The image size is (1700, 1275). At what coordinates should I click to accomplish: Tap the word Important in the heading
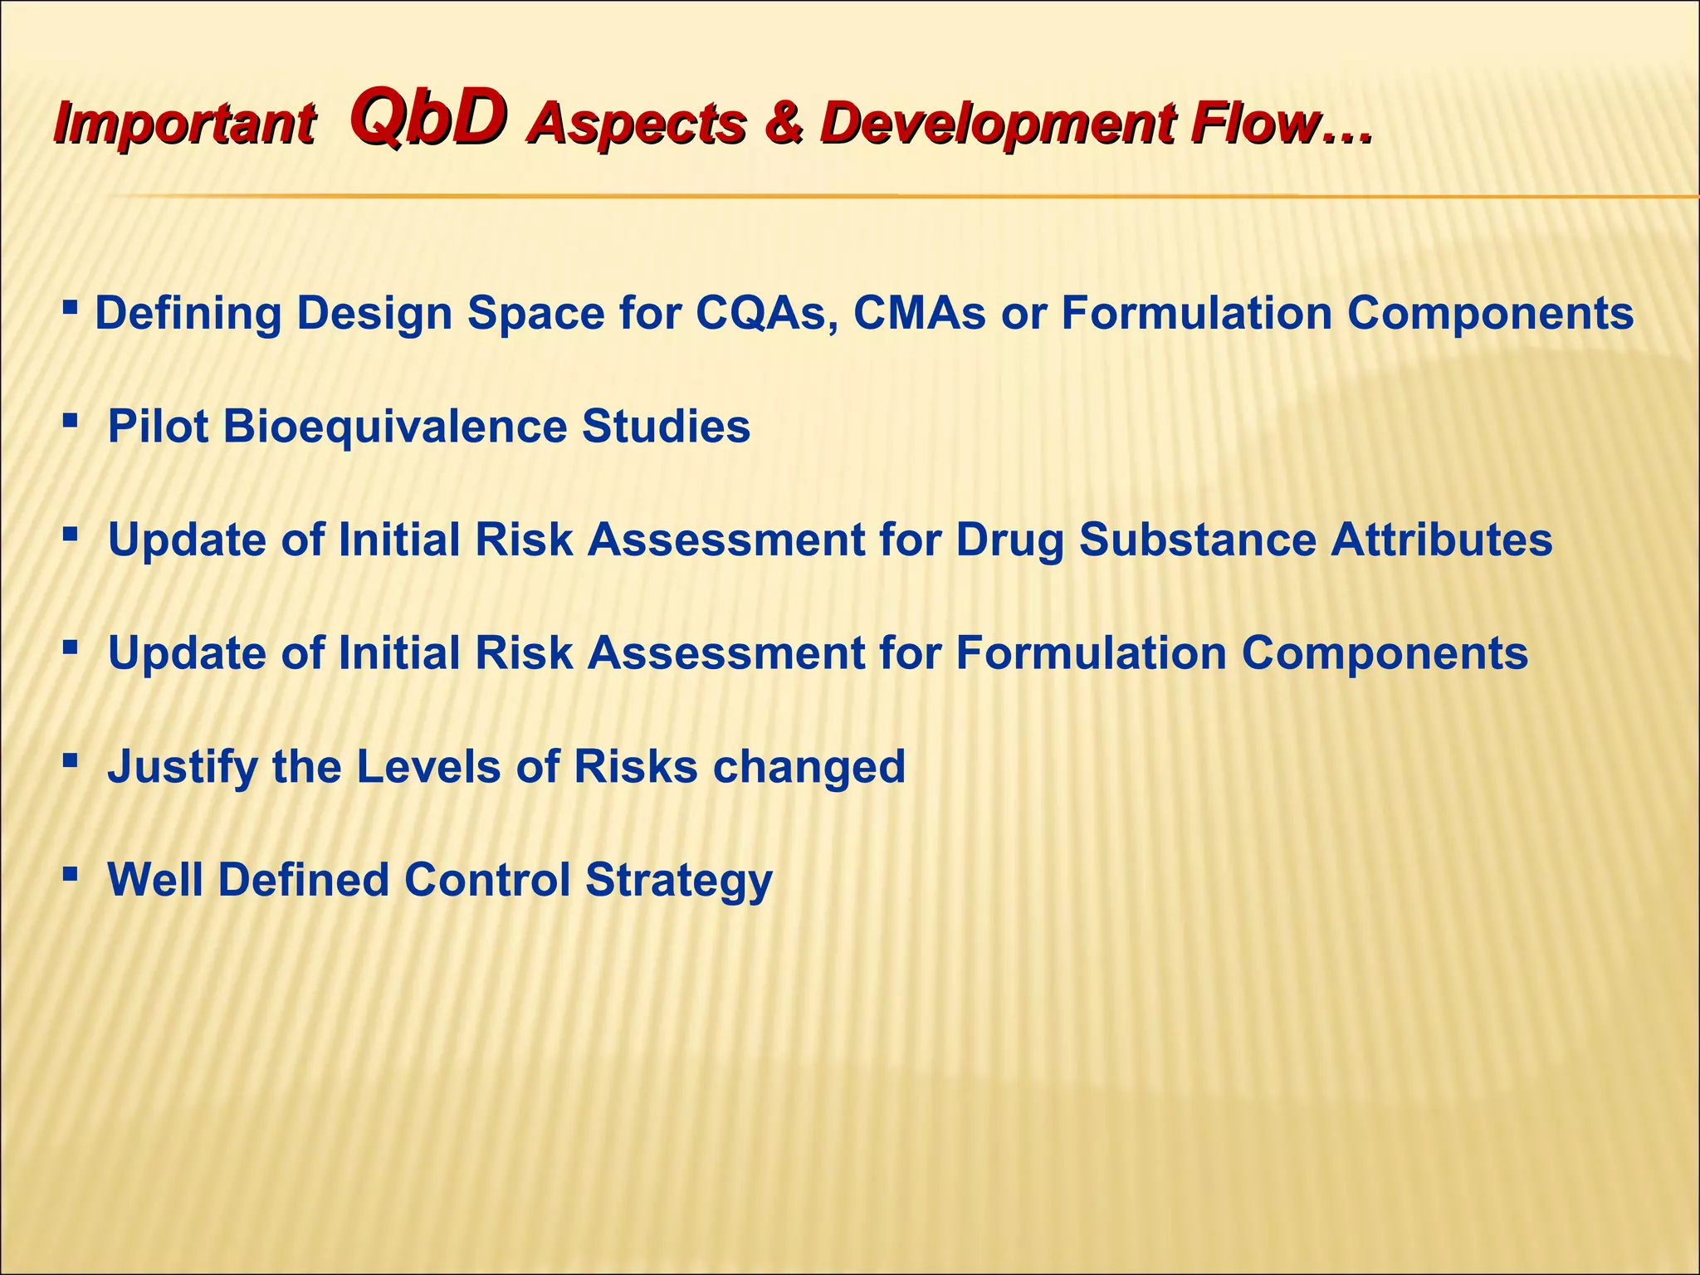point(183,125)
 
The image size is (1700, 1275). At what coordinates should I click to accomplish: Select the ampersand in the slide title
point(784,123)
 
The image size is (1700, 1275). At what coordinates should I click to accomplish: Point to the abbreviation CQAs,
point(766,314)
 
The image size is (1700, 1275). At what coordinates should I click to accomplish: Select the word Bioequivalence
point(395,427)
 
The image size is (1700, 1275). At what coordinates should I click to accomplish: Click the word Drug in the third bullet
point(1009,540)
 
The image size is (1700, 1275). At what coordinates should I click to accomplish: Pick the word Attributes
point(1441,540)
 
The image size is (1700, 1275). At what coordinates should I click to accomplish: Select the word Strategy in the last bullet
point(679,880)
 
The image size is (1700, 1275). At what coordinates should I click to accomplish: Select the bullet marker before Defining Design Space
point(71,309)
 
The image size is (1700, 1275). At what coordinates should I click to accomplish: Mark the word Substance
point(1198,540)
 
